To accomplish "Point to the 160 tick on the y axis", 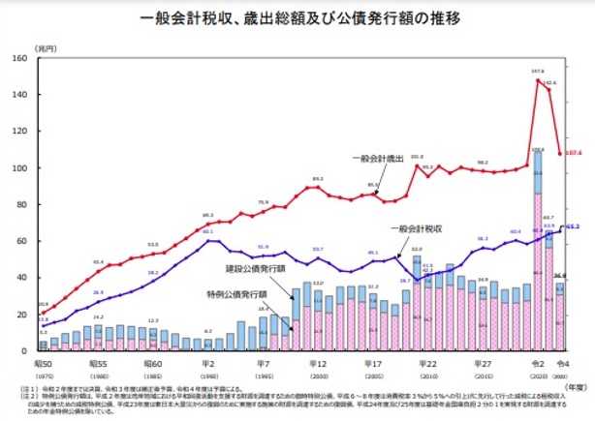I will [x=24, y=59].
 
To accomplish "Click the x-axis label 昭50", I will [x=42, y=359].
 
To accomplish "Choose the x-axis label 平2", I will [x=208, y=359].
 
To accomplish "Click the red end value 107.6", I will [x=574, y=153].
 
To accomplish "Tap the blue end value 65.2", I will [x=574, y=227].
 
